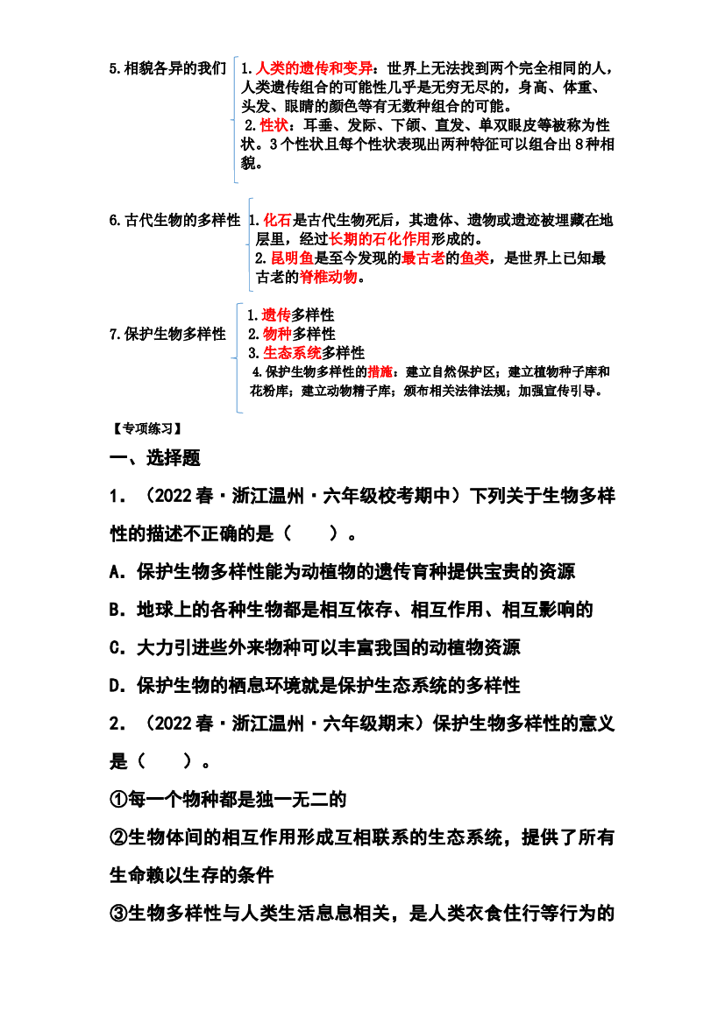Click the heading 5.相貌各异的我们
coord(167,68)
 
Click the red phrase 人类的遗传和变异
coord(314,68)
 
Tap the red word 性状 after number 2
coord(274,124)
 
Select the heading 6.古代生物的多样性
coord(174,220)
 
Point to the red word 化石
coord(277,220)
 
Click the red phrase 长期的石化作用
coord(380,239)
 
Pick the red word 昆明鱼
coord(292,258)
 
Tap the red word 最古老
coord(423,258)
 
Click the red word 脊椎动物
coord(328,277)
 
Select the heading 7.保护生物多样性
coord(167,334)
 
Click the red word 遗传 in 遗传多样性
coord(276,314)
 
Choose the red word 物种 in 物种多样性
coord(277,334)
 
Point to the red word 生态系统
coord(292,353)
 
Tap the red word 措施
coord(380,371)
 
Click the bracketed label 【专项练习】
coord(146,428)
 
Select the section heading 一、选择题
coord(155,458)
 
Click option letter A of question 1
coord(117,572)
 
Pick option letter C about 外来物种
coord(117,648)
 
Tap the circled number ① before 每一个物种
coord(118,800)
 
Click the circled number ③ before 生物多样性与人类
coord(118,913)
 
